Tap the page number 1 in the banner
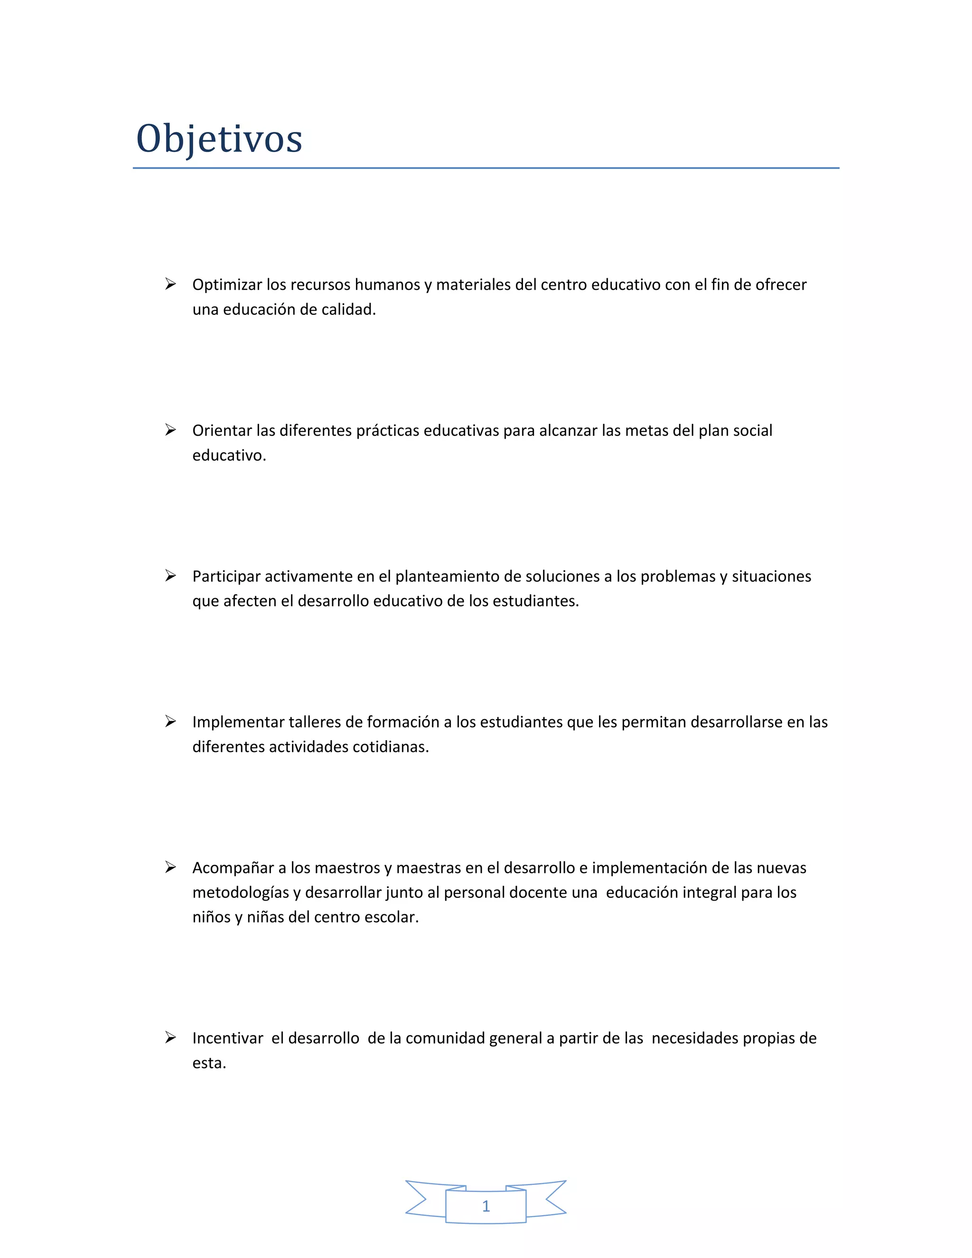486,1206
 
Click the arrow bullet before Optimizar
170,284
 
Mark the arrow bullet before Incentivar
170,1037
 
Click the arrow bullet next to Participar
170,575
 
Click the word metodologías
241,893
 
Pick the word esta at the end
208,1063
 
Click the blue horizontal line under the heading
486,168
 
